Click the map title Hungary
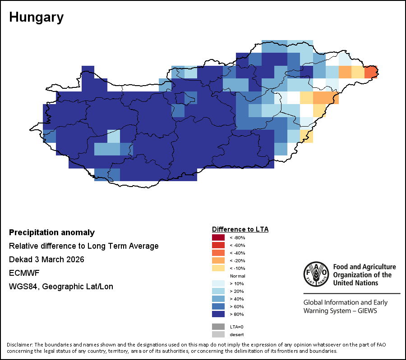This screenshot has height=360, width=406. pyautogui.click(x=36, y=18)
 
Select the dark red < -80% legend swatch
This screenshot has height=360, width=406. pyautogui.click(x=218, y=237)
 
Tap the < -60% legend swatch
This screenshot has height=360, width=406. pyautogui.click(x=218, y=245)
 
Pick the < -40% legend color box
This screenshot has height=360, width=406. pyautogui.click(x=218, y=253)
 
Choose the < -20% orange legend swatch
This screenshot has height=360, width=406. pyautogui.click(x=218, y=260)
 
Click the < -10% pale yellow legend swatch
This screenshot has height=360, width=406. pyautogui.click(x=218, y=268)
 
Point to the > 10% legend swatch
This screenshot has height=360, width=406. pyautogui.click(x=218, y=283)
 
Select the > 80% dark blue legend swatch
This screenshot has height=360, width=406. pyautogui.click(x=218, y=314)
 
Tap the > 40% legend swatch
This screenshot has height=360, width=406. pyautogui.click(x=218, y=299)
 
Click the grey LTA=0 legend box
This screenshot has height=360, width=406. pyautogui.click(x=218, y=327)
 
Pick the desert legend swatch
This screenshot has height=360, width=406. pyautogui.click(x=218, y=334)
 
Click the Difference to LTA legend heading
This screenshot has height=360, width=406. pyautogui.click(x=240, y=229)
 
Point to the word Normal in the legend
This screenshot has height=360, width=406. pyautogui.click(x=237, y=276)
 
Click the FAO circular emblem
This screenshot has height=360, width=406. pyautogui.click(x=316, y=274)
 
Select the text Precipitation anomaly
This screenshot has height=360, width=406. pyautogui.click(x=52, y=232)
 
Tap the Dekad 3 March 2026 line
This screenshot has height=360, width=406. pyautogui.click(x=46, y=260)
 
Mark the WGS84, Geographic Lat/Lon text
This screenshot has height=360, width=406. pyautogui.click(x=61, y=287)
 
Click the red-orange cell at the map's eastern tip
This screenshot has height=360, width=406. pyautogui.click(x=371, y=72)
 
